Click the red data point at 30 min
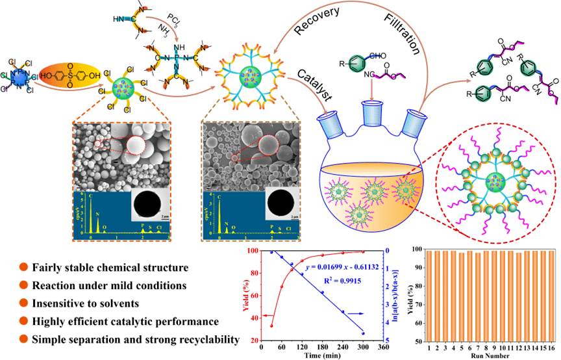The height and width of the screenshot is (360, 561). (271, 326)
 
